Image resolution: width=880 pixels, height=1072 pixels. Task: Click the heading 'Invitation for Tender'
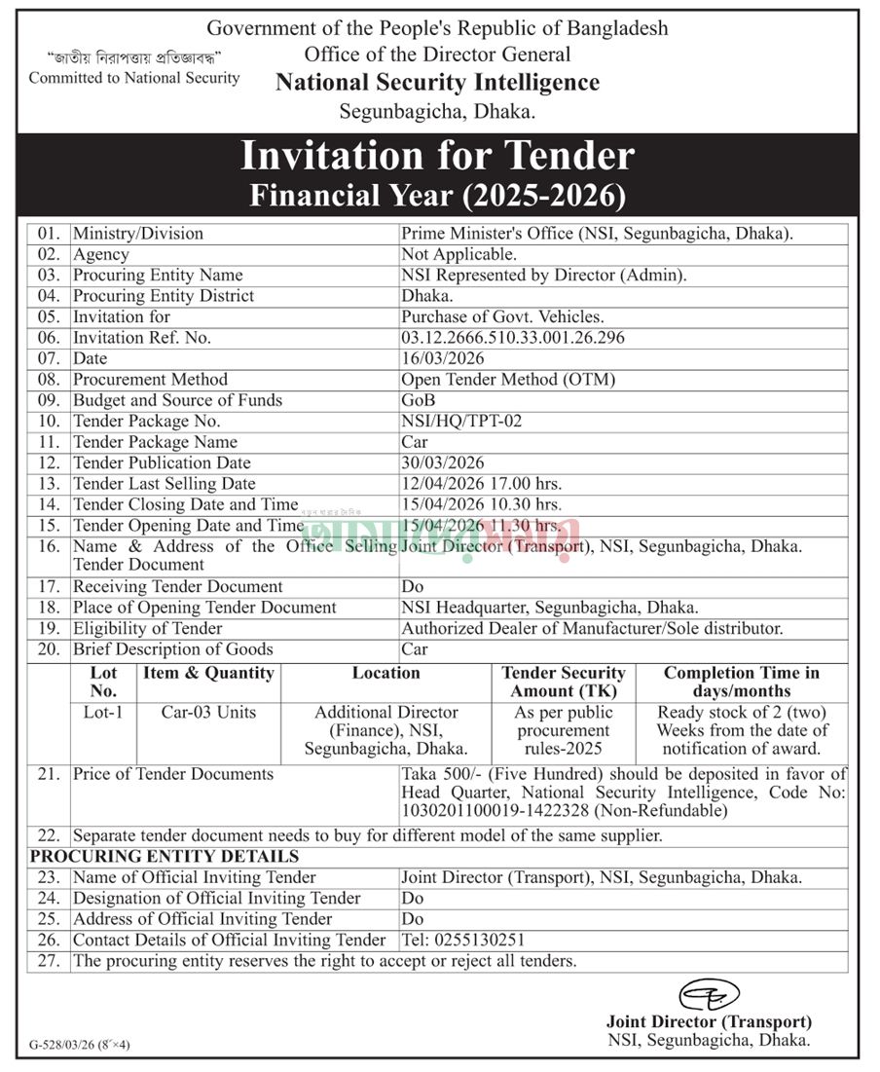point(437,156)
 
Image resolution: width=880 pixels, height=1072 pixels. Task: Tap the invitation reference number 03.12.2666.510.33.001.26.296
point(512,338)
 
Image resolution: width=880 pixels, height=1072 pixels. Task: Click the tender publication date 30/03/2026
point(443,463)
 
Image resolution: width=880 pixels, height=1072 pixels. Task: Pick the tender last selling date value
point(482,484)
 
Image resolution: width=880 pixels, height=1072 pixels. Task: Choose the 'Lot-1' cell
point(103,713)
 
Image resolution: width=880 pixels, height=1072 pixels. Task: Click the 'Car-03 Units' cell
point(208,713)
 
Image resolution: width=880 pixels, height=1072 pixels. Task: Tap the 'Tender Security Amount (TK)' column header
point(564,682)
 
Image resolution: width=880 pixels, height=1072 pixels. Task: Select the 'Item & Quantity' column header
point(208,674)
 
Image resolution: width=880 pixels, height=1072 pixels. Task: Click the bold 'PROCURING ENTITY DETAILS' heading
point(165,857)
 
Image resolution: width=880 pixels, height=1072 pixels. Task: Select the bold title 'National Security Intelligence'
point(437,83)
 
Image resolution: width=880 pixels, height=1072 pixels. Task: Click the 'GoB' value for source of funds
point(418,400)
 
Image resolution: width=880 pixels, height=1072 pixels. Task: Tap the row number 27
point(49,961)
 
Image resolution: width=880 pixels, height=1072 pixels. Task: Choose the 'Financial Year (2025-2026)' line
point(437,196)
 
